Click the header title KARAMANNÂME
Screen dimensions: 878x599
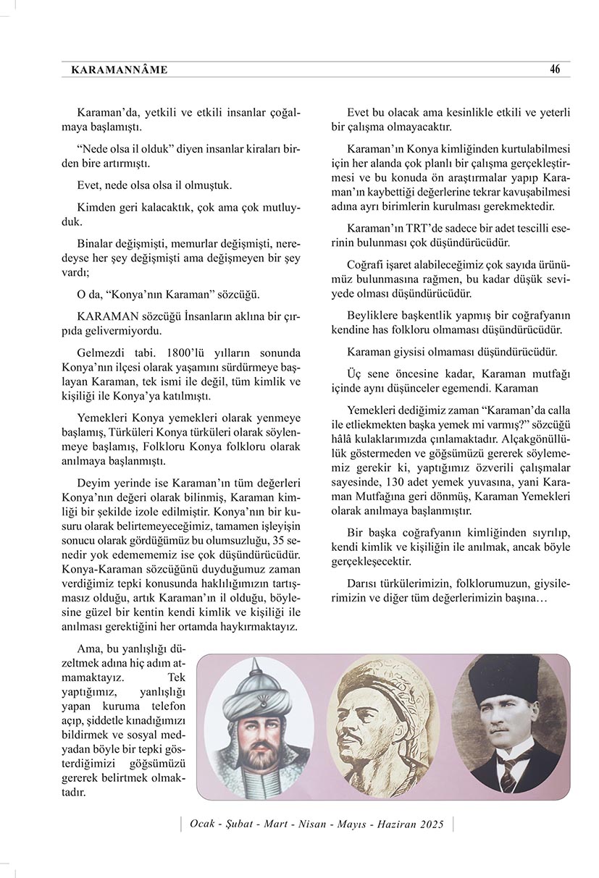pyautogui.click(x=120, y=70)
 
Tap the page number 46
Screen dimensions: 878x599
pyautogui.click(x=555, y=69)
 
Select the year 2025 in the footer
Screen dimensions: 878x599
pyautogui.click(x=430, y=824)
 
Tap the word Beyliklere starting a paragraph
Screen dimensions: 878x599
pyautogui.click(x=374, y=316)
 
